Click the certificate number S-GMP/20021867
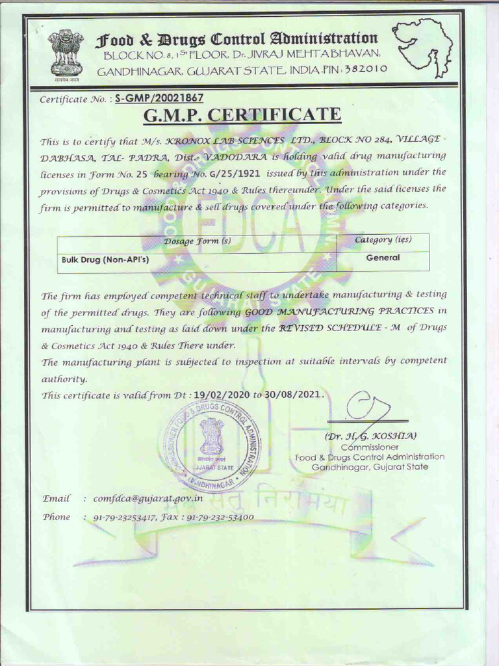pos(159,98)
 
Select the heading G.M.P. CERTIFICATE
pos(242,115)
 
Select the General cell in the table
pos(383,258)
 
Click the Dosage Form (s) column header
pos(198,241)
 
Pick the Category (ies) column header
pos(383,240)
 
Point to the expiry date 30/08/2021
pos(293,394)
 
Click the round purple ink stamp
pos(212,446)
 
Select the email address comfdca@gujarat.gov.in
pos(148,498)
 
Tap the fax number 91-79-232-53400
pos(220,517)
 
